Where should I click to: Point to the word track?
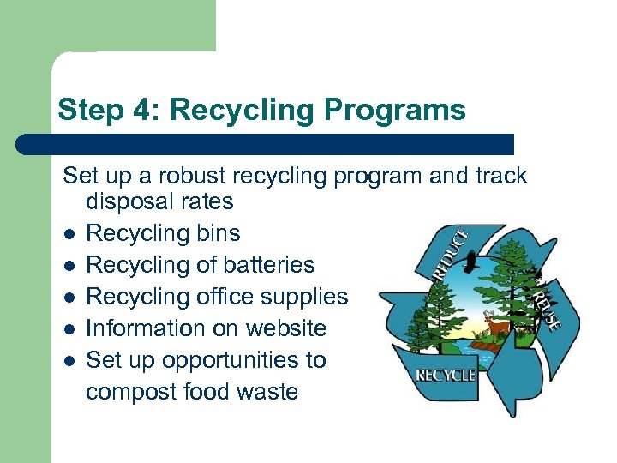click(x=497, y=177)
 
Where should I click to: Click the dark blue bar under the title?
click(x=266, y=144)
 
